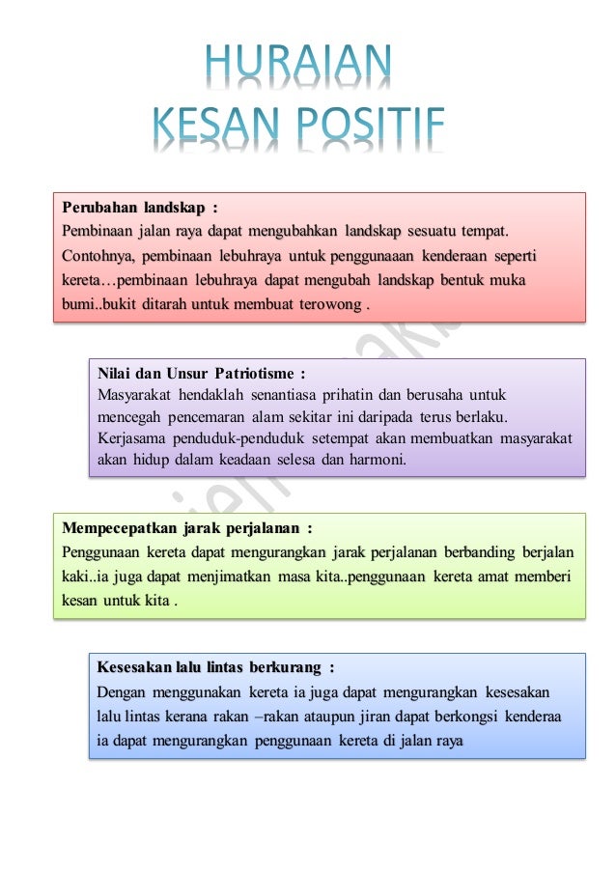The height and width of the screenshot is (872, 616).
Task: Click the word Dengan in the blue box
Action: tap(122, 692)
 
